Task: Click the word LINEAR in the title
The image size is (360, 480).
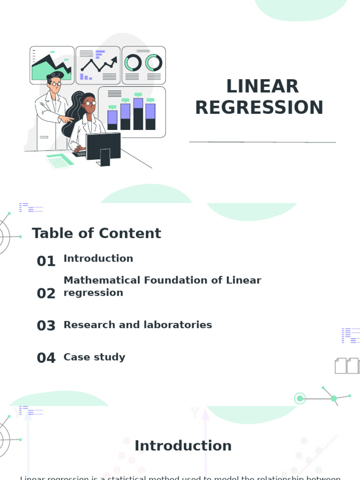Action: pyautogui.click(x=262, y=87)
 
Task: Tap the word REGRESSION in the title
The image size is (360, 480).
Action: pyautogui.click(x=259, y=108)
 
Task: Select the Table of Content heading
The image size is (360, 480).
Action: pyautogui.click(x=96, y=233)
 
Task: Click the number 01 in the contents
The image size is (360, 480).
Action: pyautogui.click(x=46, y=261)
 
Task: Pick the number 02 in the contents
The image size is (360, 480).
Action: pyautogui.click(x=46, y=293)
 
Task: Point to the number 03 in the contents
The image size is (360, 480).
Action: pyautogui.click(x=46, y=326)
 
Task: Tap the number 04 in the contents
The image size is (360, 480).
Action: pyautogui.click(x=46, y=358)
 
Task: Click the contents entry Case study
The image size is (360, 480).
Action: pyautogui.click(x=94, y=357)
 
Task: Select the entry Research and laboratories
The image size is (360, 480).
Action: pyautogui.click(x=137, y=325)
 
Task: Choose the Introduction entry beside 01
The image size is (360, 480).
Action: pyautogui.click(x=98, y=258)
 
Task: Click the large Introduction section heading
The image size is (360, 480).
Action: pyautogui.click(x=183, y=446)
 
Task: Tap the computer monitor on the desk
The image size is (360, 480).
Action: pyautogui.click(x=103, y=146)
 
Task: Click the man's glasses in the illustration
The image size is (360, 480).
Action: pyautogui.click(x=55, y=84)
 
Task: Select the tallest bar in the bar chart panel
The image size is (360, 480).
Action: pyautogui.click(x=138, y=114)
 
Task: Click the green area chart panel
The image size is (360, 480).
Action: pyautogui.click(x=52, y=65)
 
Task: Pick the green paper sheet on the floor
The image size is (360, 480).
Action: pyautogui.click(x=60, y=161)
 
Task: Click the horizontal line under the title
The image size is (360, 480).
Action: pyautogui.click(x=262, y=142)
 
